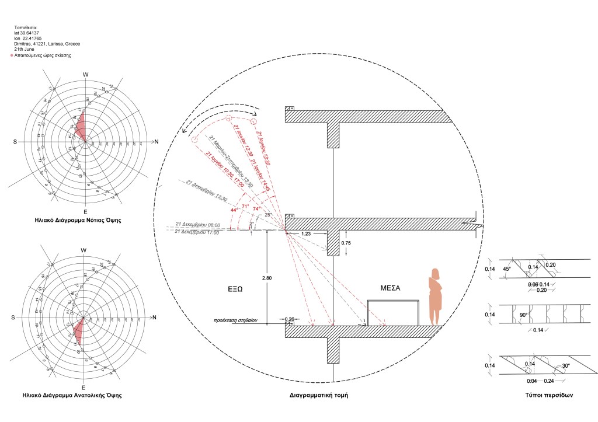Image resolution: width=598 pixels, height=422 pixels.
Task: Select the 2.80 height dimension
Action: (x=267, y=278)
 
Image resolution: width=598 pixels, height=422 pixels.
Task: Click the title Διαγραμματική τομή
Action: (x=318, y=395)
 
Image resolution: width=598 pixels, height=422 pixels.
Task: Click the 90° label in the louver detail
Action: (x=507, y=315)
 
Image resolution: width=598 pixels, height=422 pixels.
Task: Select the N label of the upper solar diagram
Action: (x=155, y=142)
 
